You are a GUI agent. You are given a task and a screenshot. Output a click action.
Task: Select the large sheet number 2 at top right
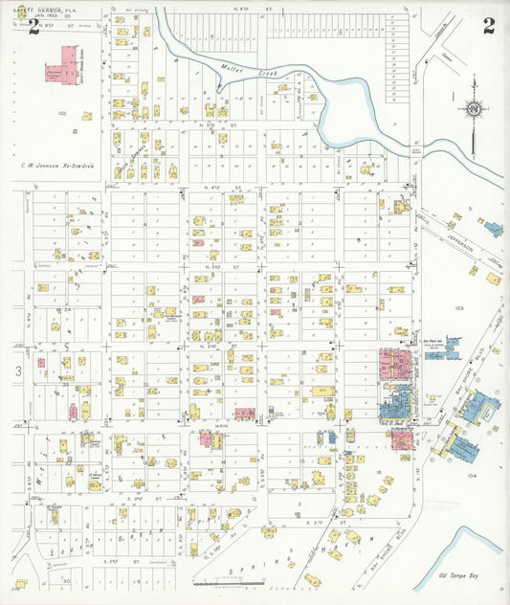[x=489, y=25]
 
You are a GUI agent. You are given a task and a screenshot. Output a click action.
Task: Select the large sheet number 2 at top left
[x=33, y=26]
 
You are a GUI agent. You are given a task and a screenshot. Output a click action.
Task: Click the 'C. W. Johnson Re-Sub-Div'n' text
[x=56, y=165]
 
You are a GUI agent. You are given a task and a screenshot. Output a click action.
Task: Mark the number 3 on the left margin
[x=17, y=369]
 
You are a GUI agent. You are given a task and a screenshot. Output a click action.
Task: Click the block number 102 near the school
[x=62, y=113]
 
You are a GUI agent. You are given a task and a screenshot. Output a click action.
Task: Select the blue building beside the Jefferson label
[x=493, y=229]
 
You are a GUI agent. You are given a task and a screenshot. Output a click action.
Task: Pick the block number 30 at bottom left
[x=66, y=580]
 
